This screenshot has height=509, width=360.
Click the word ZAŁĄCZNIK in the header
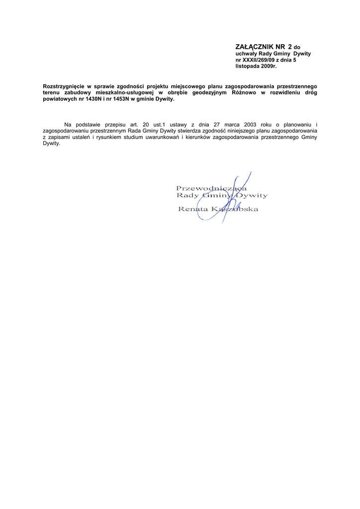pos(253,47)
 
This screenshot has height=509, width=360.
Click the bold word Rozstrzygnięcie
pos(65,86)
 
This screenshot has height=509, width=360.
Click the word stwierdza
pos(185,130)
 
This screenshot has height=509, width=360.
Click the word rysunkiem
pos(112,137)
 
